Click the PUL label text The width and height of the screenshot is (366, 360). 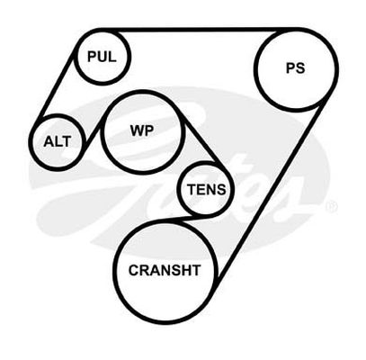click(102, 57)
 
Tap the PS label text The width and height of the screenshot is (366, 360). click(295, 67)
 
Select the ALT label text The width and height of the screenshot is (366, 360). click(58, 141)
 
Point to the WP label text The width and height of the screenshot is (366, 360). click(142, 130)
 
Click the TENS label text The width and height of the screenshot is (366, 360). click(207, 189)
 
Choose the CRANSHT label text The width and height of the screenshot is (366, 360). click(165, 270)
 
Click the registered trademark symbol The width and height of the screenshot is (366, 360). click(332, 206)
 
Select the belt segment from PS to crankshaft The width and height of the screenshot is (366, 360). click(271, 190)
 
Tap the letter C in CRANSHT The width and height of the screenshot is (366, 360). click(134, 270)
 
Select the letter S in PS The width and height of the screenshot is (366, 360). click(300, 67)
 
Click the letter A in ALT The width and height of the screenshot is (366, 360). click(49, 141)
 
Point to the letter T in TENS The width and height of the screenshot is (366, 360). click(192, 189)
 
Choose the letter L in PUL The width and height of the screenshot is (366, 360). click(112, 57)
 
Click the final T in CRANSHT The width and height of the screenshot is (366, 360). click(196, 270)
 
